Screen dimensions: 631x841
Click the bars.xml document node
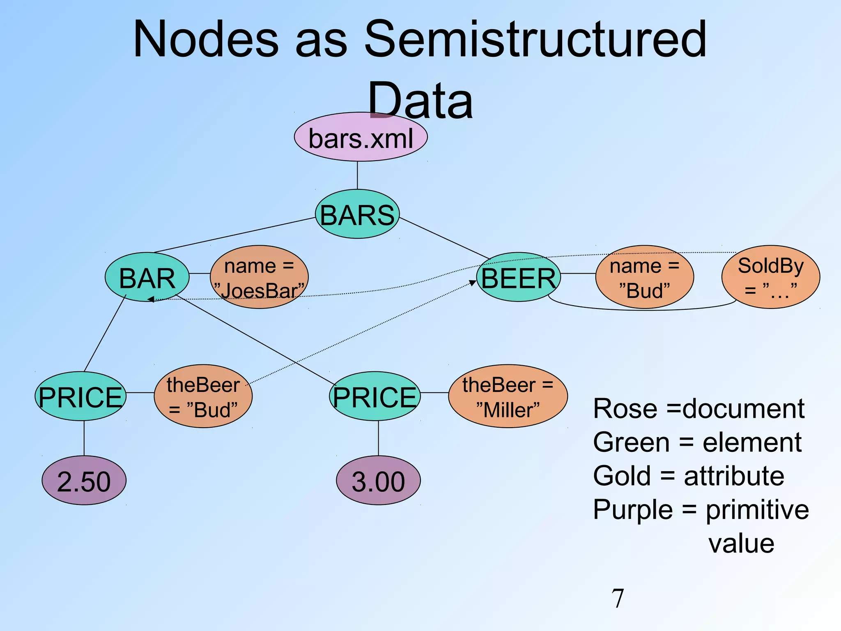click(x=361, y=137)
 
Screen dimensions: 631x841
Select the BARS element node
click(x=357, y=214)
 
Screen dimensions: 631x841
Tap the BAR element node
click(x=147, y=277)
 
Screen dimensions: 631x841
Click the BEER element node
click(x=518, y=277)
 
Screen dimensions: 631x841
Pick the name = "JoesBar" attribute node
click(x=259, y=277)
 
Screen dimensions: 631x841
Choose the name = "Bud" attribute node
click(x=644, y=277)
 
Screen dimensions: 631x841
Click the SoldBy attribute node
click(x=770, y=277)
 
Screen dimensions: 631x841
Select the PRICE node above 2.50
click(x=80, y=396)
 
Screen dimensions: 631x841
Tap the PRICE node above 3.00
click(x=375, y=396)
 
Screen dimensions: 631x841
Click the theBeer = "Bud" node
click(x=203, y=396)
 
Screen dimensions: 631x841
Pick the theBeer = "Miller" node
click(x=508, y=396)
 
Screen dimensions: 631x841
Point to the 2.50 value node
click(x=84, y=481)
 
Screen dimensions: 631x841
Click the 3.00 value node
click(x=378, y=481)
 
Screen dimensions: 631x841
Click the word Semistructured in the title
click(x=535, y=40)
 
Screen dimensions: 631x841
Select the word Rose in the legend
click(x=625, y=409)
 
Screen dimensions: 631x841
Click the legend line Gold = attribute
click(x=689, y=476)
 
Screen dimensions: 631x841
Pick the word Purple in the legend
click(x=632, y=510)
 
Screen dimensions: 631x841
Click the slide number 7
click(x=618, y=598)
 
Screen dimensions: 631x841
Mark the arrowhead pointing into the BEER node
click(x=473, y=283)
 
